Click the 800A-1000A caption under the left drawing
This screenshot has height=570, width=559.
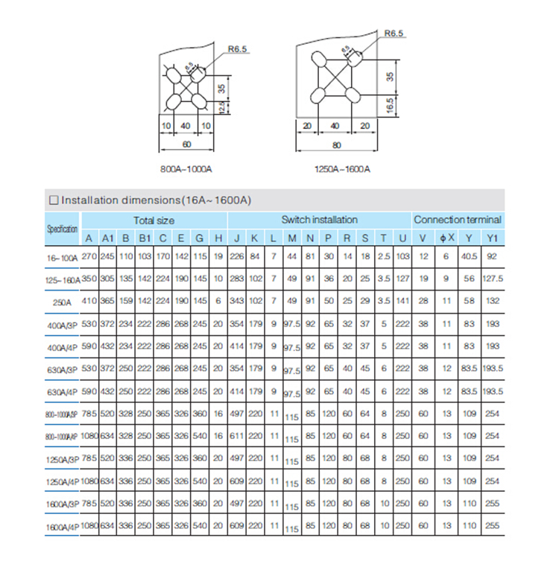[x=187, y=169]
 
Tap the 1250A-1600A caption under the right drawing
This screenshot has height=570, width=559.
[x=343, y=169]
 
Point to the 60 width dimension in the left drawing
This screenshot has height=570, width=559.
[x=186, y=143]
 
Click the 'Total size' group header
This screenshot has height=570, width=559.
[x=154, y=220]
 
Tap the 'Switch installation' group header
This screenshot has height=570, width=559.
[x=319, y=220]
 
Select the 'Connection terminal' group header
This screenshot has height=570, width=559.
[x=458, y=220]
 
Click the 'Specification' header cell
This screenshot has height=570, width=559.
[x=63, y=229]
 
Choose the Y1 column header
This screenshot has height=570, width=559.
[x=491, y=238]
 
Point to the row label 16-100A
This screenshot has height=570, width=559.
[x=63, y=256]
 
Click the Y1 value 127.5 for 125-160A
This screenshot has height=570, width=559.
[x=492, y=279]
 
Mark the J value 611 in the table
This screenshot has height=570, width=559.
[x=236, y=435]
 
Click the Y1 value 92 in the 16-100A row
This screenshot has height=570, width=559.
[x=491, y=256]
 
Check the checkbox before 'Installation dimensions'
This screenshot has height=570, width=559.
[x=54, y=200]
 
